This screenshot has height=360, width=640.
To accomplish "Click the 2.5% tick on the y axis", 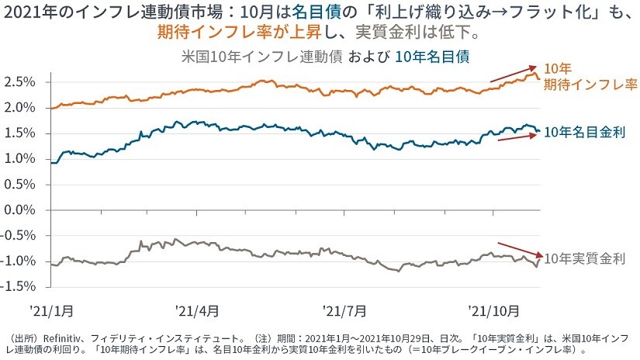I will [22, 82].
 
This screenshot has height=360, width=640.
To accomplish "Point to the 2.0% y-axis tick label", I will [22, 108].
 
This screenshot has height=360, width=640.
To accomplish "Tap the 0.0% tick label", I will [22, 209].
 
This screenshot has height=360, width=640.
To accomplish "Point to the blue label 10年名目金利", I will [585, 133].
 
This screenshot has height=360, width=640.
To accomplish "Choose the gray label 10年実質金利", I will [585, 257].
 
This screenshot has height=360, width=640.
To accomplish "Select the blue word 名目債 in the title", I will [318, 12].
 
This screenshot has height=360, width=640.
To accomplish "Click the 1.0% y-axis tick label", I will [22, 159].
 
